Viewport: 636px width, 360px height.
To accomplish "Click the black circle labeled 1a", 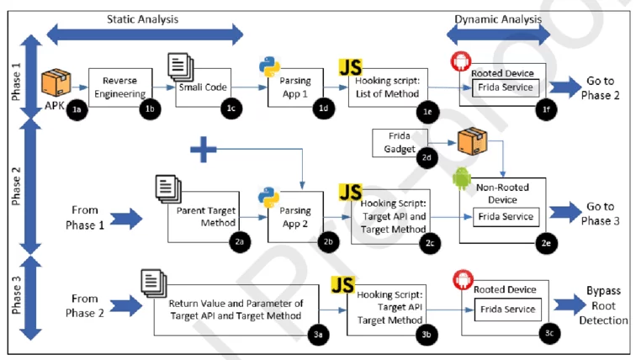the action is (x=77, y=109).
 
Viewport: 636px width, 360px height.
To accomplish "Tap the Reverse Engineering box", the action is (x=120, y=87).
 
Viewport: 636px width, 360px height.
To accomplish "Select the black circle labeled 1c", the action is (x=231, y=109).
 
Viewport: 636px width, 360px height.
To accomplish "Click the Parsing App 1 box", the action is (x=295, y=87).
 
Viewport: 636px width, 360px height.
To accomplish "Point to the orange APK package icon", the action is (x=56, y=82).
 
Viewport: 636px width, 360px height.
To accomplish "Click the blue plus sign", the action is (x=204, y=149).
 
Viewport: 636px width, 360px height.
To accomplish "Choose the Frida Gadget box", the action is (x=400, y=143).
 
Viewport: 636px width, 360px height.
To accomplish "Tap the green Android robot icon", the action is (x=462, y=178).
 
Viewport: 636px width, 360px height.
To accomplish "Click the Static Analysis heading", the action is (x=142, y=19).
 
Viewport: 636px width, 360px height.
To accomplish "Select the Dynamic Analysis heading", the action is (x=498, y=19).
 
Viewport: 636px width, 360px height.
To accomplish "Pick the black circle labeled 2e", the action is (x=546, y=243).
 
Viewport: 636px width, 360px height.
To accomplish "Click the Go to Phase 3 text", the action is (x=601, y=214).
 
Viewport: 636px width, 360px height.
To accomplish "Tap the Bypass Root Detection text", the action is (x=603, y=305).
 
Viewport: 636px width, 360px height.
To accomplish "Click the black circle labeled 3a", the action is (x=318, y=335).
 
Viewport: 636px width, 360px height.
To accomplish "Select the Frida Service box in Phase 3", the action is (x=508, y=310).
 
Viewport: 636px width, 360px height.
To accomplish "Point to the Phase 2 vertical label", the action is (x=16, y=186).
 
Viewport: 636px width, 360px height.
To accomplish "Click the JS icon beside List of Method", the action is (x=351, y=67).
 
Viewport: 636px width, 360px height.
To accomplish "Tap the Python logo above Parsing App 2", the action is (x=268, y=197).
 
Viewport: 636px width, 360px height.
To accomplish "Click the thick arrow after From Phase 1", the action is (x=126, y=219).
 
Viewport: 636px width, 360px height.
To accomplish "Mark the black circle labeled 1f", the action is (x=546, y=109).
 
